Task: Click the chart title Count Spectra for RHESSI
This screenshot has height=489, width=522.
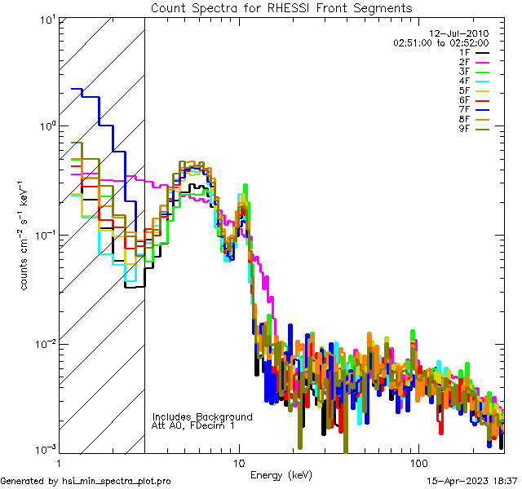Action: (281, 7)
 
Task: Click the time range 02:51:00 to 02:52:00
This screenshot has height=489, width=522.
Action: (440, 42)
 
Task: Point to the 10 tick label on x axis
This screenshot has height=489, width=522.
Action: (238, 462)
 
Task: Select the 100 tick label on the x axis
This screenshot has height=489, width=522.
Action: (418, 462)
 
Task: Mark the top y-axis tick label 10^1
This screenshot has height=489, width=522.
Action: (43, 19)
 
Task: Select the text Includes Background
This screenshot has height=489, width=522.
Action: (202, 416)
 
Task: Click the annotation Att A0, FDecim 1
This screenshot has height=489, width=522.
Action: (193, 425)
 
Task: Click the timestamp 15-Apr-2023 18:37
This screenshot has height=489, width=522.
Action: (471, 481)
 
